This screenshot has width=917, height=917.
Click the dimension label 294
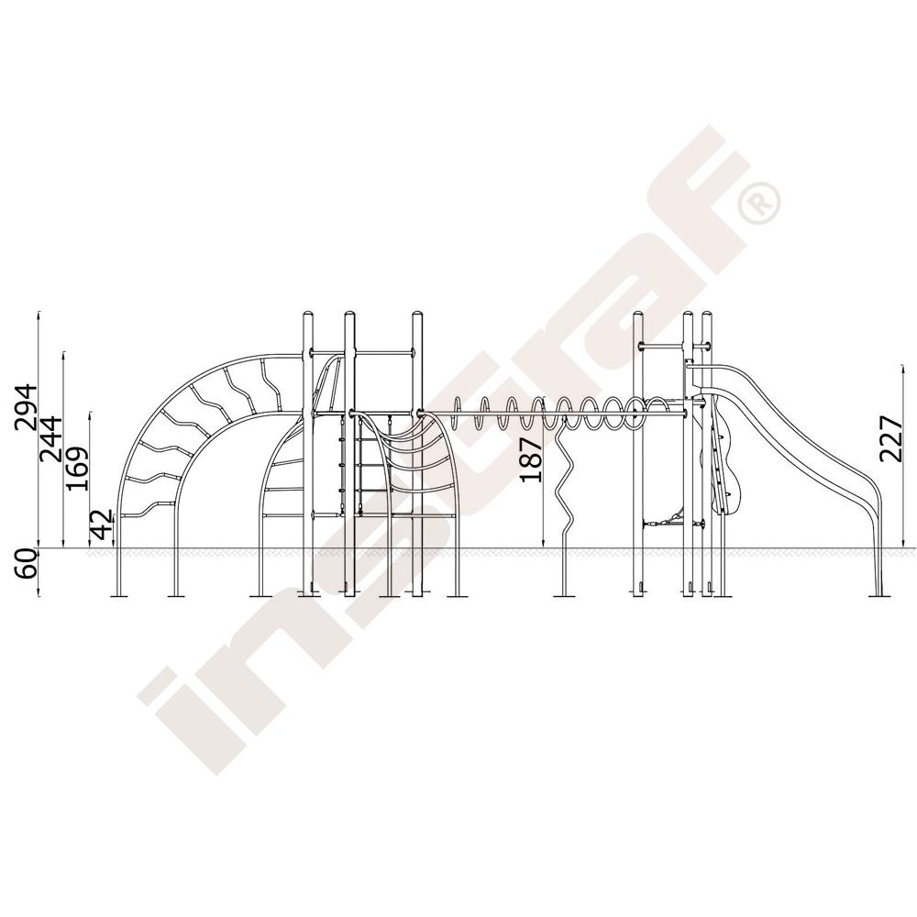[26, 408]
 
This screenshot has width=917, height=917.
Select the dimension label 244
[50, 438]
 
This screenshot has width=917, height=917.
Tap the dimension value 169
[77, 469]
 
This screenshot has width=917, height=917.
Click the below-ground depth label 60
[26, 564]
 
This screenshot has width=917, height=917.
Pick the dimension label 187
[531, 460]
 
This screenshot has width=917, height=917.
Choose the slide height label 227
[891, 439]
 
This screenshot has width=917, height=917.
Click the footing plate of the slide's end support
[879, 597]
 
